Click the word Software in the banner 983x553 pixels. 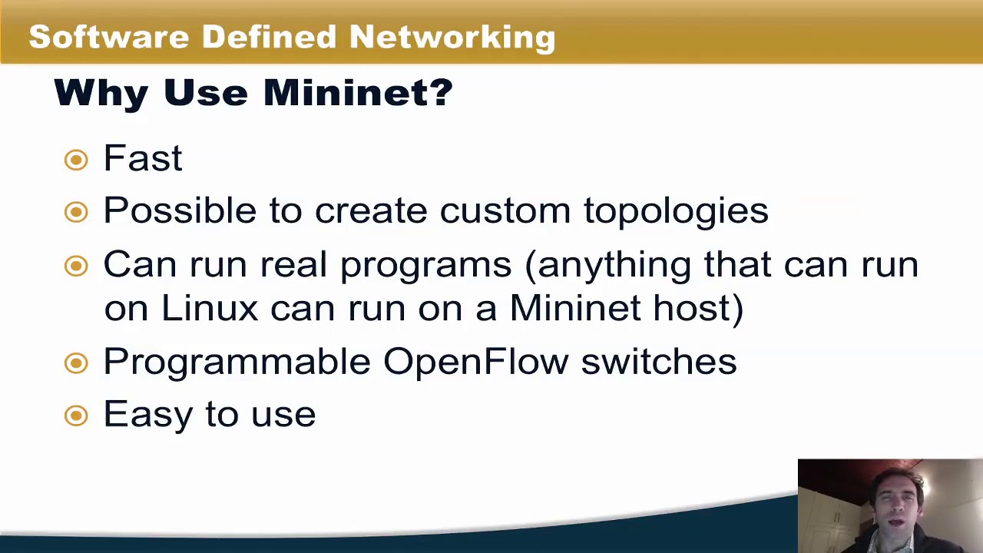tap(108, 37)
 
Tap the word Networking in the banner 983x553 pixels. tap(452, 37)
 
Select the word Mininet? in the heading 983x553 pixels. tap(358, 93)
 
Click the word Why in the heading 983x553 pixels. tap(101, 93)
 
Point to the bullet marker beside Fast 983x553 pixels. tap(76, 160)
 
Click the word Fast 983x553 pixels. tap(143, 158)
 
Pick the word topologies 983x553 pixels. tap(676, 211)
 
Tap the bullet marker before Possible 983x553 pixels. tap(76, 212)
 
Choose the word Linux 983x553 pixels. tap(209, 308)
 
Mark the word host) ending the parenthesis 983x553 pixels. tap(698, 308)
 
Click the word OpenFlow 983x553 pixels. tap(475, 361)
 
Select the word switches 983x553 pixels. tap(658, 361)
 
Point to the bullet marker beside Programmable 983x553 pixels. tap(76, 363)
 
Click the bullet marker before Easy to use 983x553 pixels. tap(76, 416)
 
